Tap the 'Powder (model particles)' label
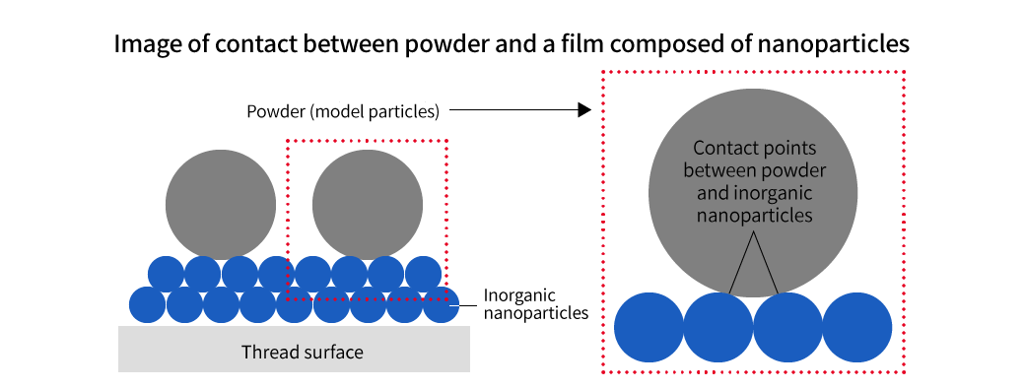point(342,111)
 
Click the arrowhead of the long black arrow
point(583,111)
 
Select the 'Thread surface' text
point(302,352)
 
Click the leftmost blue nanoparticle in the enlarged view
point(649,327)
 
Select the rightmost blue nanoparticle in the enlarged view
point(856,327)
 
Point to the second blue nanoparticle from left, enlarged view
point(718,327)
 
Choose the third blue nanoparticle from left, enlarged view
point(787,327)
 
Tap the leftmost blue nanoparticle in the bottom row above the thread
point(148,304)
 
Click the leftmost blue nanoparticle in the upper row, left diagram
point(166,272)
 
